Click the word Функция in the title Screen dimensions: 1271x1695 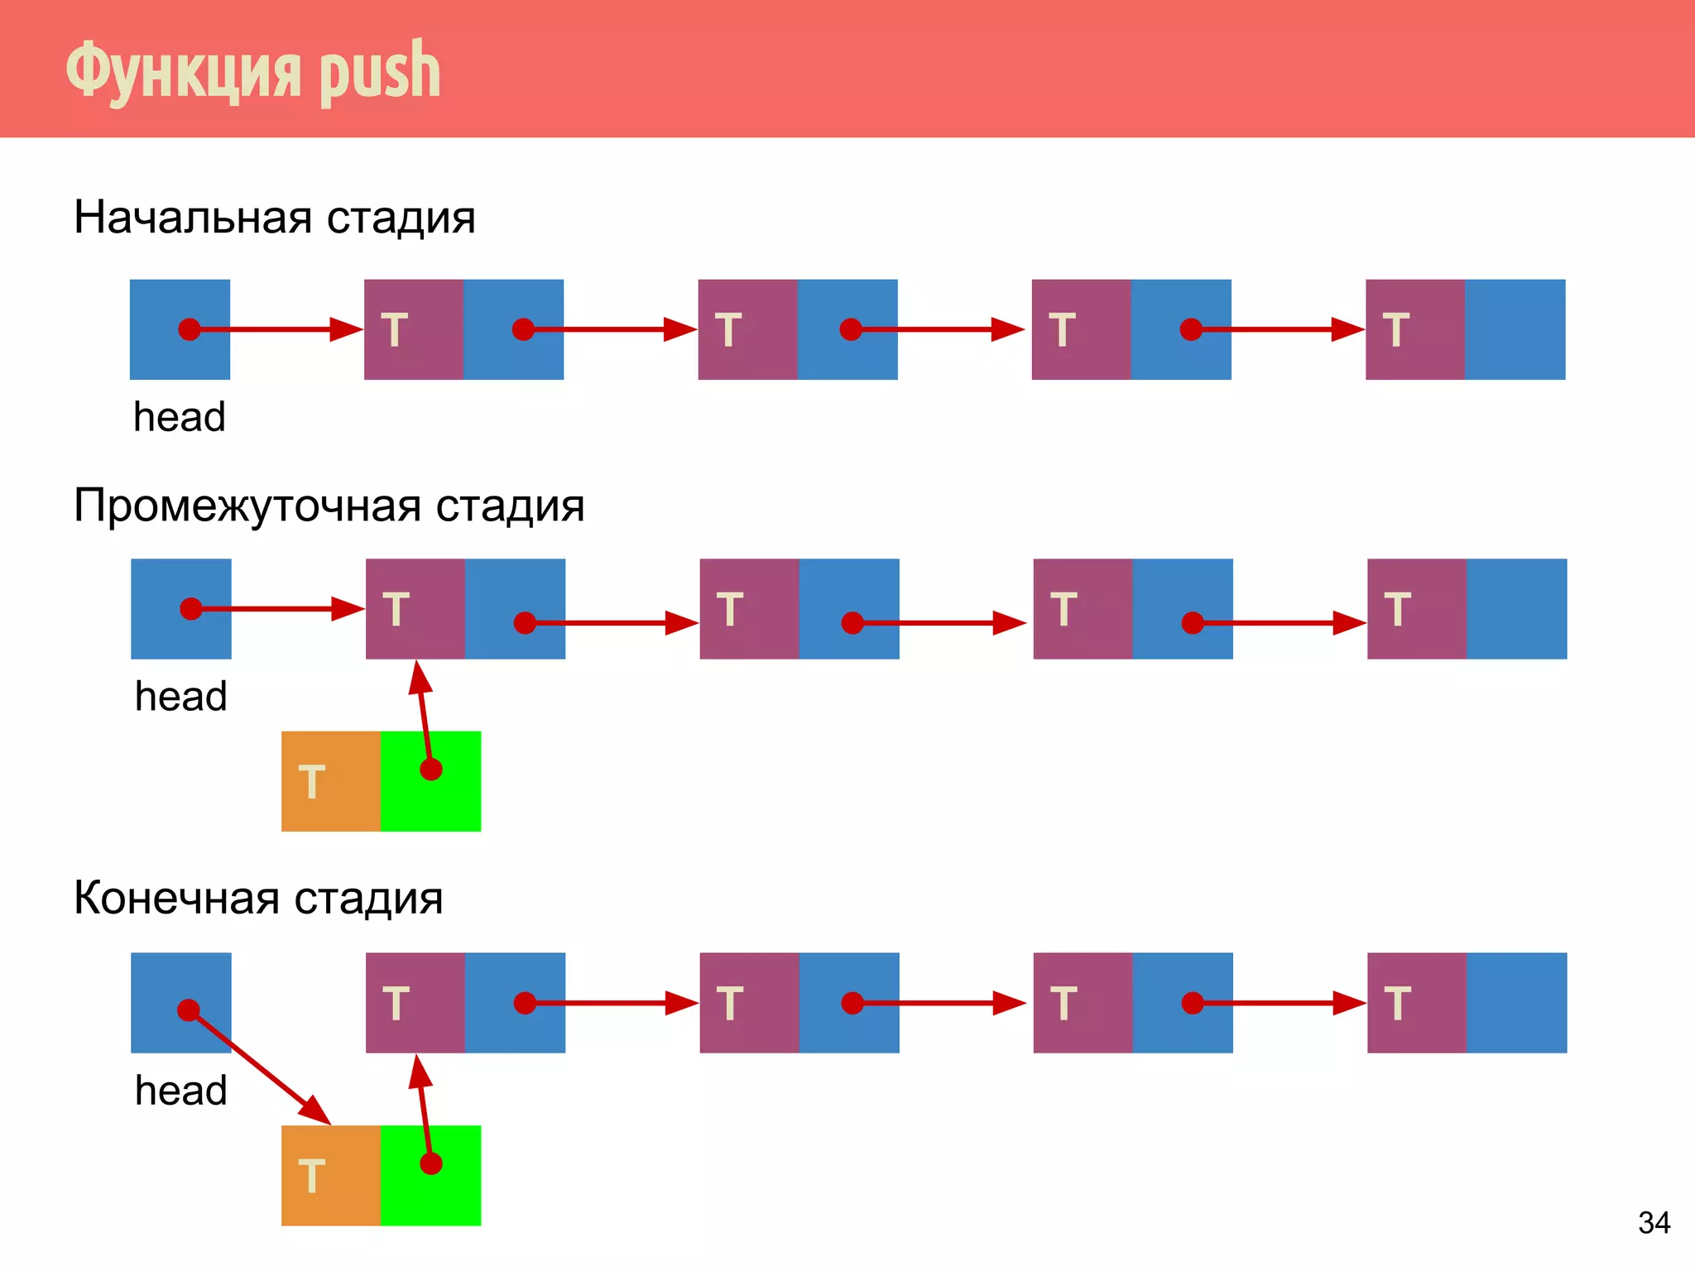coord(183,73)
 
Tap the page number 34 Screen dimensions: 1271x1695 coord(1654,1223)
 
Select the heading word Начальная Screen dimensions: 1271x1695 coord(193,218)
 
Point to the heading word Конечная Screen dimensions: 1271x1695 coord(176,898)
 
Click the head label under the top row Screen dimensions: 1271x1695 coord(179,417)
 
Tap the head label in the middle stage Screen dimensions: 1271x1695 coord(180,697)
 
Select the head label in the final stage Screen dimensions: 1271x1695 coord(180,1091)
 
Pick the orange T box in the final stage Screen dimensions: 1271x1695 coord(330,1175)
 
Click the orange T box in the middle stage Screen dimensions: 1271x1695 coord(330,781)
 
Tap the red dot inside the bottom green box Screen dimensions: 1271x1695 coord(431,1164)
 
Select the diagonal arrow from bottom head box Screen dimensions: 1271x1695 coord(261,1067)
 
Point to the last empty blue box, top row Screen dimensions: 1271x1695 coord(1515,329)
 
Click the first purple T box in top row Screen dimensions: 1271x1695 coord(413,329)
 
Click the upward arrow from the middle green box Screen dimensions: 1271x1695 coord(425,712)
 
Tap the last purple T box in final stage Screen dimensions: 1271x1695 coord(1416,1003)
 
